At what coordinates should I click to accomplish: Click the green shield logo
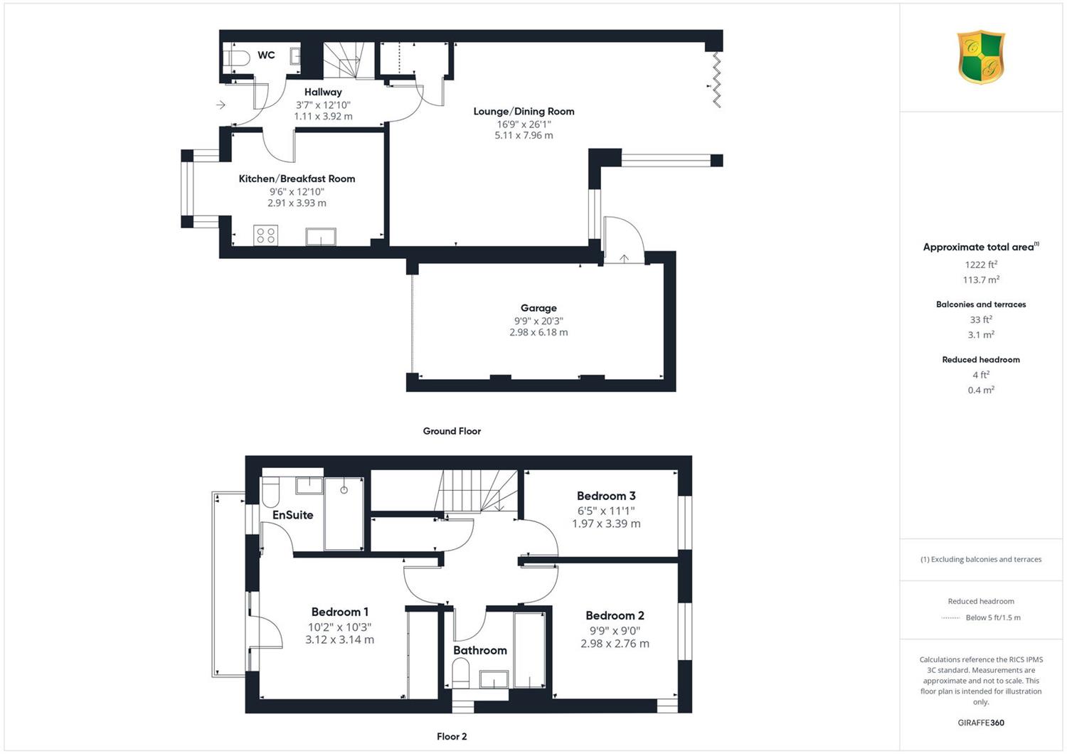[x=981, y=57]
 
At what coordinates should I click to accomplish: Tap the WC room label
[x=266, y=55]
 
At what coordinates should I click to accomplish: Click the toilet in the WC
[x=237, y=59]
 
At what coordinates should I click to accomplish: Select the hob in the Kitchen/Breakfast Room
[x=266, y=235]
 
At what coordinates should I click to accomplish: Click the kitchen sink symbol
[x=321, y=237]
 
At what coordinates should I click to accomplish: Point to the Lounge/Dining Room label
[x=524, y=111]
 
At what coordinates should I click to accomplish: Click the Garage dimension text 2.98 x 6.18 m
[x=538, y=332]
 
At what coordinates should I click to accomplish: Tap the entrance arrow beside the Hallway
[x=221, y=105]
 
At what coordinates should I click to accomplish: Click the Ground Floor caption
[x=452, y=431]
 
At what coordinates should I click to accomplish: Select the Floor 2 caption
[x=452, y=736]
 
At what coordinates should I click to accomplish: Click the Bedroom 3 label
[x=606, y=496]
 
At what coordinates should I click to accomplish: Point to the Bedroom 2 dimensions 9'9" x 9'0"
[x=615, y=631]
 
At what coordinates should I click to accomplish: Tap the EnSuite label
[x=292, y=515]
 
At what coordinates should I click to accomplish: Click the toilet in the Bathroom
[x=460, y=672]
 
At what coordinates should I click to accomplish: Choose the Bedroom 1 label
[x=339, y=612]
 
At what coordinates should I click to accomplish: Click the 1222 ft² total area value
[x=981, y=265]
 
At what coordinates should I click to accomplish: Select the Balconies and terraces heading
[x=981, y=304]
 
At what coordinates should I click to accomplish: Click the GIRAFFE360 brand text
[x=981, y=723]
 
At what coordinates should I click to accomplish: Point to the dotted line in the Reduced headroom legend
[x=951, y=617]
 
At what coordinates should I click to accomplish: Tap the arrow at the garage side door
[x=624, y=258]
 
